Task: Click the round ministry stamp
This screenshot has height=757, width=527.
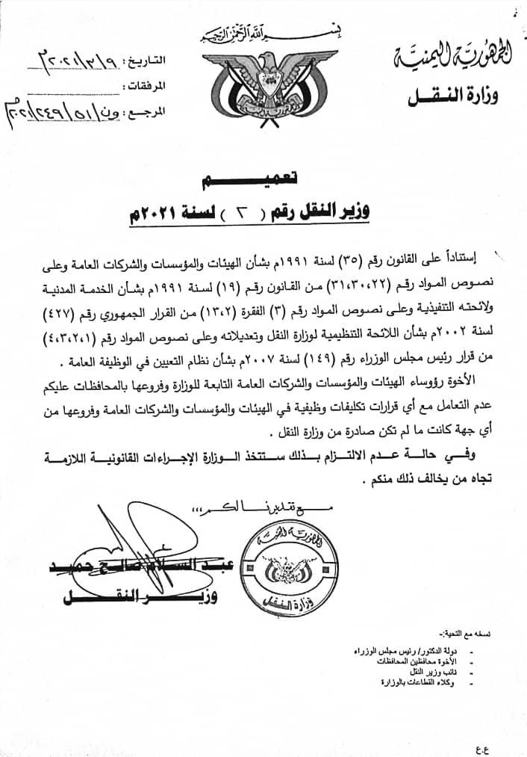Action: [281, 565]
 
